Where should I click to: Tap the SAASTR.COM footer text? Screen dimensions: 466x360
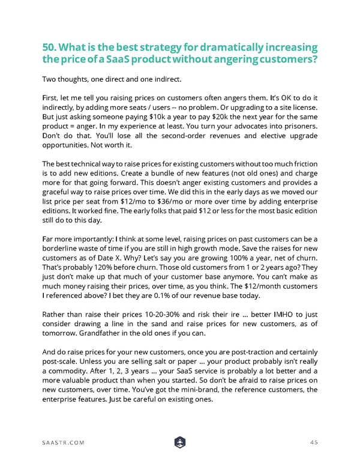click(x=64, y=443)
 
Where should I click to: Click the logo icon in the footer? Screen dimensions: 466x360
click(x=179, y=443)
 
